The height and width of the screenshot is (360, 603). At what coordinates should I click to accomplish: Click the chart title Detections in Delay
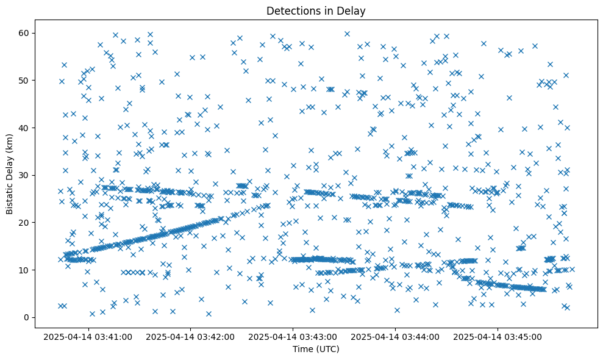[x=316, y=10]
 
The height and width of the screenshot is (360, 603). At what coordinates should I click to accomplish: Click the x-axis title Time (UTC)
[x=316, y=350]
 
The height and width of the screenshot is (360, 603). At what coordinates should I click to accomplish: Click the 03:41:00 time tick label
[x=88, y=337]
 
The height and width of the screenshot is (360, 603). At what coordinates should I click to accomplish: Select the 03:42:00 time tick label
[x=190, y=337]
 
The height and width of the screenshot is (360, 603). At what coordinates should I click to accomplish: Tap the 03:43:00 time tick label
[x=293, y=337]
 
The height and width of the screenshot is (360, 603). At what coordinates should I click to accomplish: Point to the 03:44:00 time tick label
[x=396, y=337]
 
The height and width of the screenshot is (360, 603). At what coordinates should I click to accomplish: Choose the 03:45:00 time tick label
[x=498, y=337]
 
